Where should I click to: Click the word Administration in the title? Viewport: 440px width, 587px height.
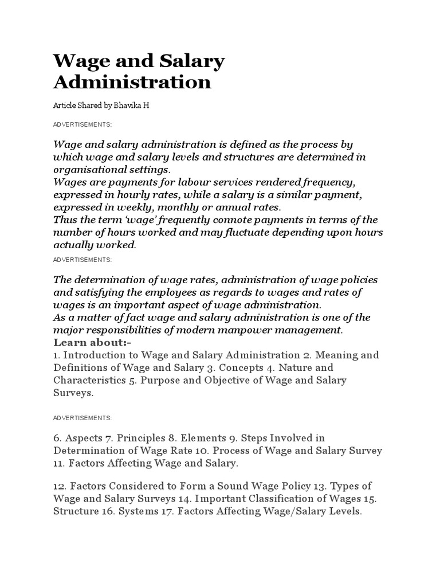pyautogui.click(x=132, y=82)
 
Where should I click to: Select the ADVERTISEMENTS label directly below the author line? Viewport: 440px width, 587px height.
pyautogui.click(x=82, y=124)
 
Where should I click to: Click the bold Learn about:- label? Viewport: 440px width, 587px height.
pyautogui.click(x=83, y=342)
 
